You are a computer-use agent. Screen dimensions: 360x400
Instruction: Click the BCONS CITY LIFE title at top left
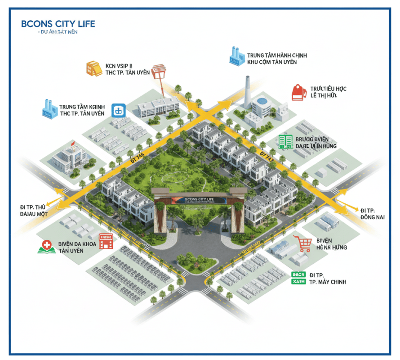coord(58,24)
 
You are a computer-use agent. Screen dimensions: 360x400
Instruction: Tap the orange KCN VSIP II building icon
coord(94,68)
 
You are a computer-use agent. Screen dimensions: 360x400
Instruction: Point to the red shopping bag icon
coord(298,92)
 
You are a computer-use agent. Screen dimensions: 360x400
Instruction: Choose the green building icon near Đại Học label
coord(285,141)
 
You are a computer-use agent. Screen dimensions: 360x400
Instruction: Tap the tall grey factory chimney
coord(247,92)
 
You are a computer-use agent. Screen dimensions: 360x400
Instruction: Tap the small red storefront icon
coord(106,241)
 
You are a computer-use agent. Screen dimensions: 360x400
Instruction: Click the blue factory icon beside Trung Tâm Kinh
coord(49,108)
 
